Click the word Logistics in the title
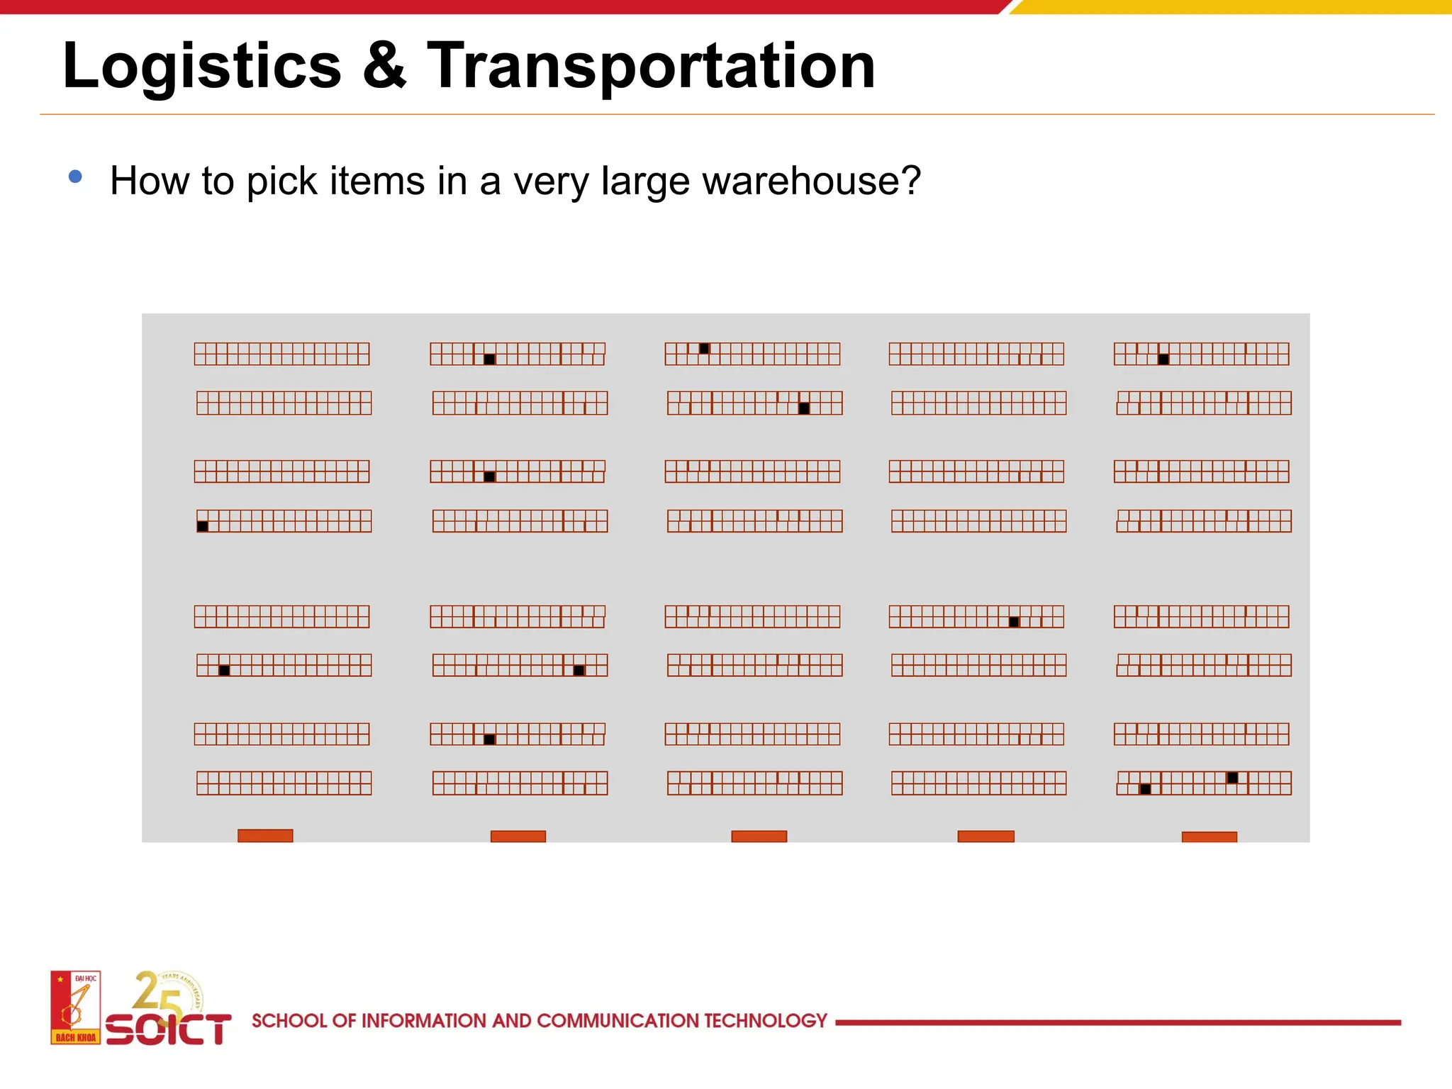pyautogui.click(x=202, y=66)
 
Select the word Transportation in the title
pyautogui.click(x=651, y=66)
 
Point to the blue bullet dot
pyautogui.click(x=75, y=177)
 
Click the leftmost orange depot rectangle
pyautogui.click(x=265, y=836)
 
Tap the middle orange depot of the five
pyautogui.click(x=759, y=837)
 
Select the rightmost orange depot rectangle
pyautogui.click(x=1209, y=837)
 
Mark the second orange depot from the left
pyautogui.click(x=518, y=837)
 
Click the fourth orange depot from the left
pyautogui.click(x=985, y=837)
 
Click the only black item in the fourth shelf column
pyautogui.click(x=1014, y=622)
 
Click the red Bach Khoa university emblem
pyautogui.click(x=75, y=1007)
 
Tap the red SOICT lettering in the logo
pyautogui.click(x=169, y=1029)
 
